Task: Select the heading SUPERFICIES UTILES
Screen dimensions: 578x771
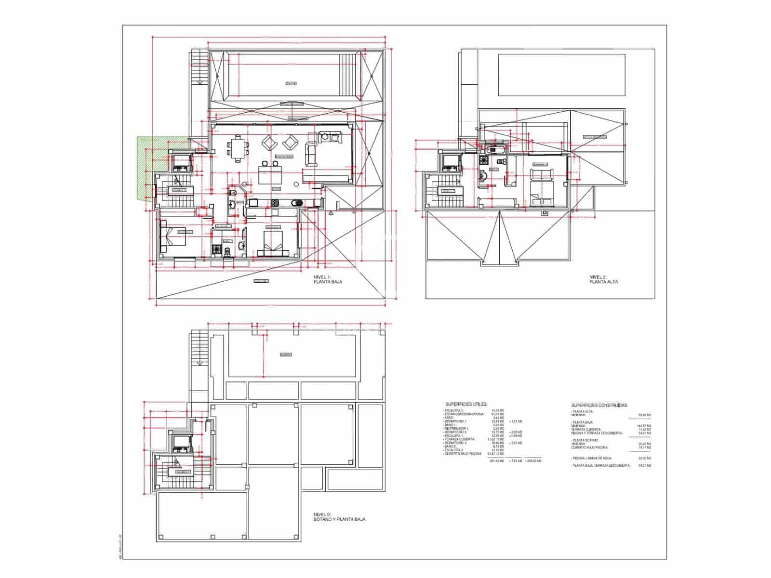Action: pos(466,405)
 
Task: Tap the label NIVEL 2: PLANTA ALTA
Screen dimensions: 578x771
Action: pos(603,279)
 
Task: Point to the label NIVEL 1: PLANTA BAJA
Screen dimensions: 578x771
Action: pos(327,279)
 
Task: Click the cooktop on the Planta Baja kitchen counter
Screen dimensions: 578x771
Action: pos(276,203)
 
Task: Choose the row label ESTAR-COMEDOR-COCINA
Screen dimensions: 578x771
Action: pos(460,414)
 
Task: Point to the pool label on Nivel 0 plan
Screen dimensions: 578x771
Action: pos(285,355)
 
